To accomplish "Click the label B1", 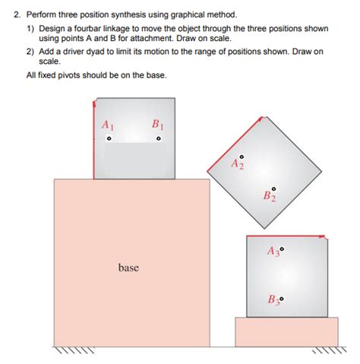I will click(x=157, y=124).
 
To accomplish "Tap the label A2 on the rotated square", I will click(x=238, y=163).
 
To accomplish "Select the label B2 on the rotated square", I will click(x=270, y=197).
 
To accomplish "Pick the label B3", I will click(x=273, y=299).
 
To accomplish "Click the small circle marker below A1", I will click(x=109, y=140).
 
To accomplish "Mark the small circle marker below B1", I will click(x=159, y=140).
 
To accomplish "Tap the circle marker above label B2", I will click(x=274, y=187).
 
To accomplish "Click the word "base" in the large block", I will click(x=128, y=267).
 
